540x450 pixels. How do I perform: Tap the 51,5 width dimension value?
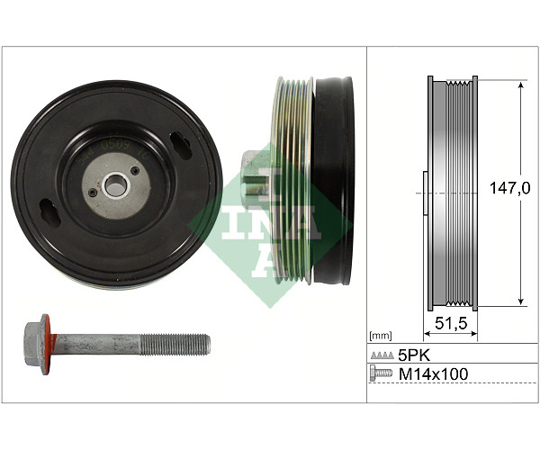click(451, 323)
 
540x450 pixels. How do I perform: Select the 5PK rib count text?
click(414, 355)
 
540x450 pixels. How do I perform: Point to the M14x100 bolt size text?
click(433, 373)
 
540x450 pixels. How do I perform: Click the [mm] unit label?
click(380, 336)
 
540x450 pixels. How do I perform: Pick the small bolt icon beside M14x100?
click(381, 373)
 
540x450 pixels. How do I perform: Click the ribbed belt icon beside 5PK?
click(382, 355)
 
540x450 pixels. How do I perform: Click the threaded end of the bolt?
click(175, 345)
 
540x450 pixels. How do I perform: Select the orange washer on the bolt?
click(47, 345)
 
